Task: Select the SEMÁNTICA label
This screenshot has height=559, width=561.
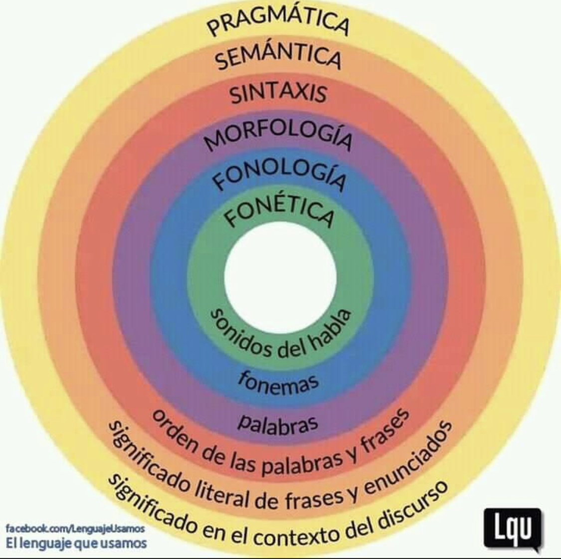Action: pyautogui.click(x=279, y=58)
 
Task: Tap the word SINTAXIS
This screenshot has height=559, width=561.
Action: pyautogui.click(x=278, y=94)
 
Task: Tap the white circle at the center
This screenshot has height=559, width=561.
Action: pyautogui.click(x=280, y=279)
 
